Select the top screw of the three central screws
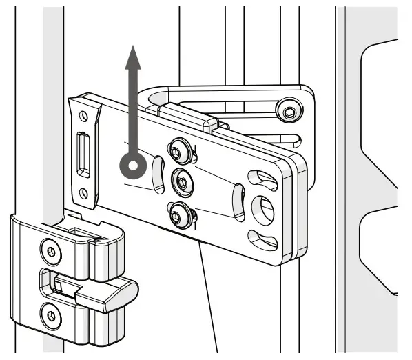point(181,148)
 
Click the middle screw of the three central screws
point(181,181)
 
